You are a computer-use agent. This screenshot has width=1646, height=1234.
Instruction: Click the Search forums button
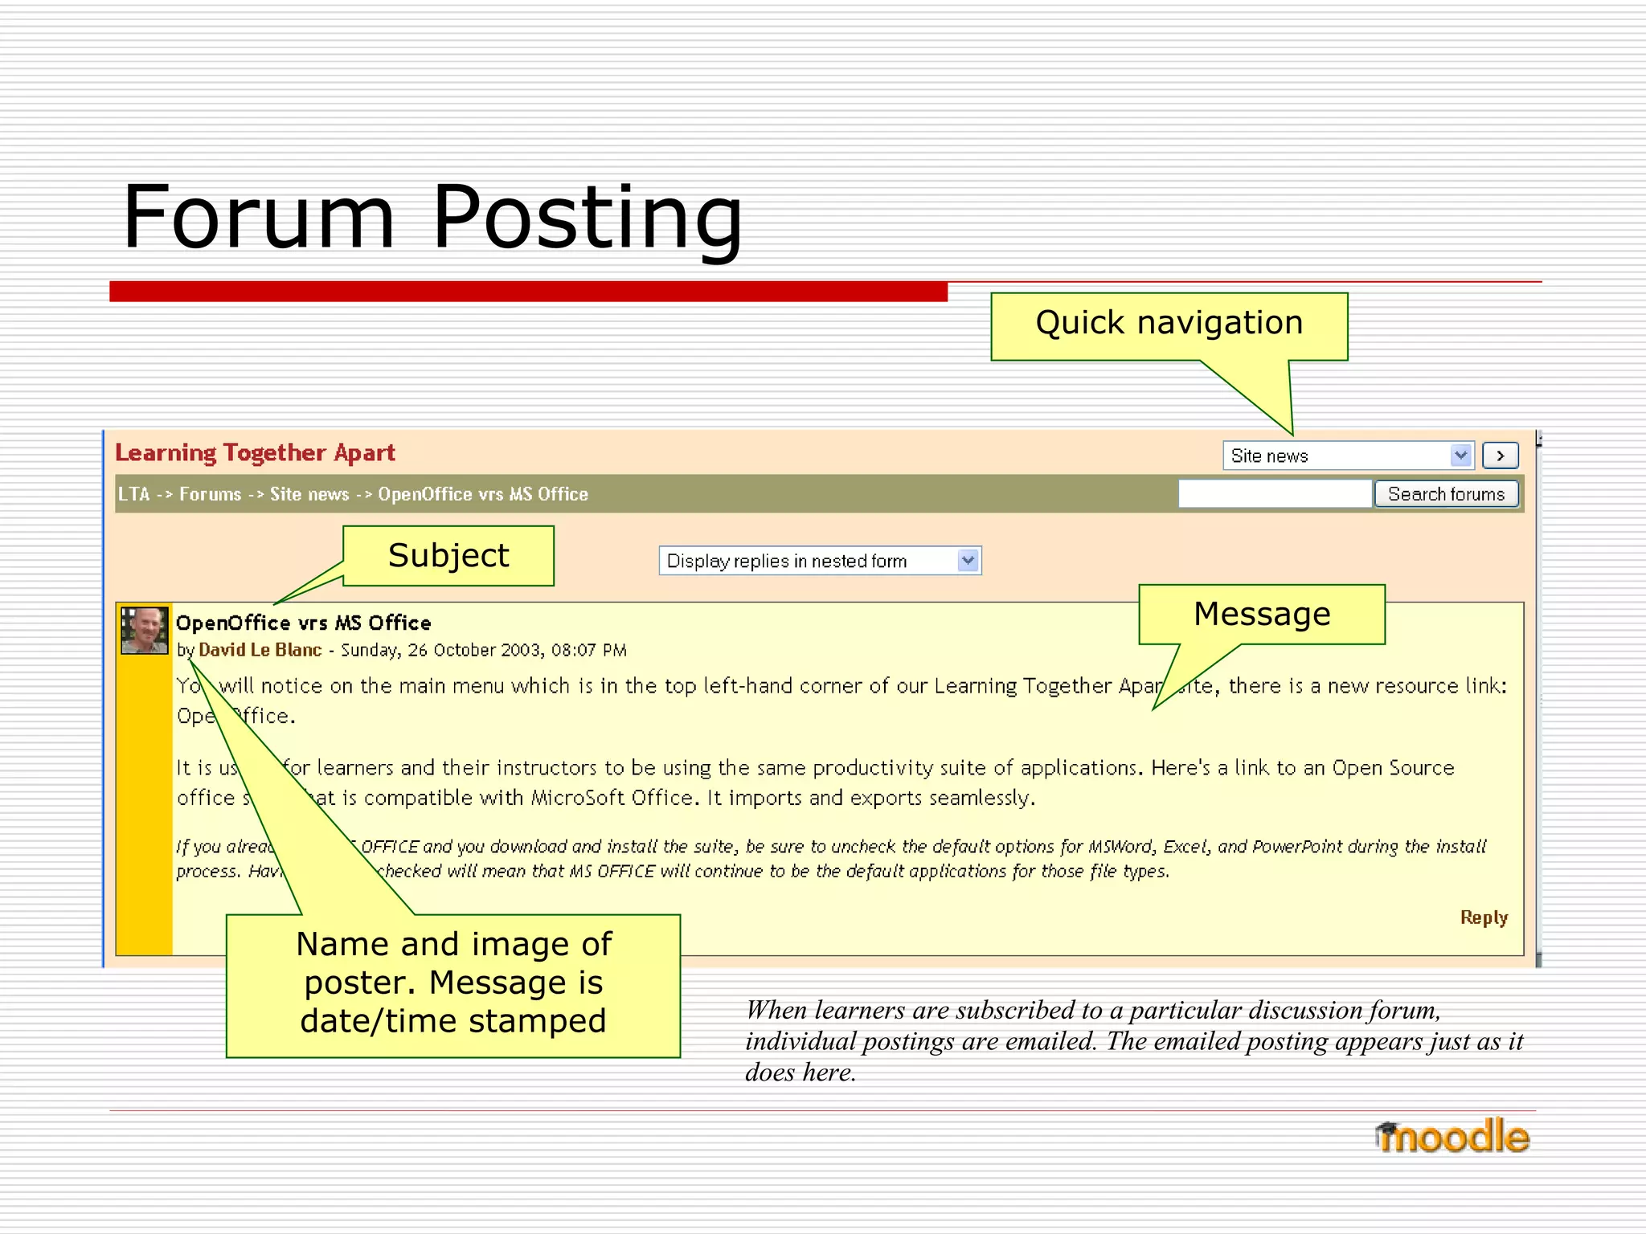1446,494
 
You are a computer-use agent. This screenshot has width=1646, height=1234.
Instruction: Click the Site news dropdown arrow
1460,456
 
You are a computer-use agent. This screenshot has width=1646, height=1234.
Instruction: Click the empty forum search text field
1274,494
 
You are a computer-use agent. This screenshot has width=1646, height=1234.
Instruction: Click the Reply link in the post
1484,917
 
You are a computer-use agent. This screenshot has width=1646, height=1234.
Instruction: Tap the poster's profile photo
144,631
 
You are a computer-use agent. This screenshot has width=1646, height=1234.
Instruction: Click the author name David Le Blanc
260,650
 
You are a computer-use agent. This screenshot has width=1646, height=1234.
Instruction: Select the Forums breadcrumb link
210,494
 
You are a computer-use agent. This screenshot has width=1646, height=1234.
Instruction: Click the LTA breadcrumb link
133,494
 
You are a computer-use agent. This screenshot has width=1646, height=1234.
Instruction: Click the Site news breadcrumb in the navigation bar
309,494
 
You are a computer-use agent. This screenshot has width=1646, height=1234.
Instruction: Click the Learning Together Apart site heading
255,453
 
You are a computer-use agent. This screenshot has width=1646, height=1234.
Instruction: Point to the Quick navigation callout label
1169,323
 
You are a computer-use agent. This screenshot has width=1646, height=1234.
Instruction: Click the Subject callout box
448,556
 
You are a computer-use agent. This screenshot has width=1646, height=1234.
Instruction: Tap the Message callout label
1262,615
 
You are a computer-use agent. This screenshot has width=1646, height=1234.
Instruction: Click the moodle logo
1452,1137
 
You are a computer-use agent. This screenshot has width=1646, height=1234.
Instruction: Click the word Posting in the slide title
587,219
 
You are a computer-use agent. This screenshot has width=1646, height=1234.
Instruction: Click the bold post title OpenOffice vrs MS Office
303,623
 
